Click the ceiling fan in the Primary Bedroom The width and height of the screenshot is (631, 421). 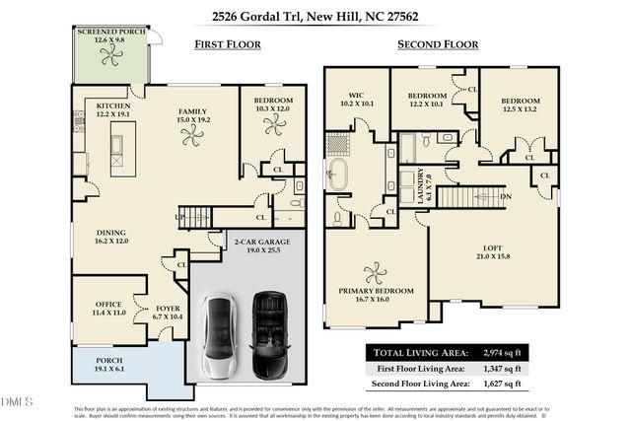coord(375,272)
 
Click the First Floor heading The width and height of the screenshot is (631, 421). coord(227,44)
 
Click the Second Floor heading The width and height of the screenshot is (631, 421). coord(437,44)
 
